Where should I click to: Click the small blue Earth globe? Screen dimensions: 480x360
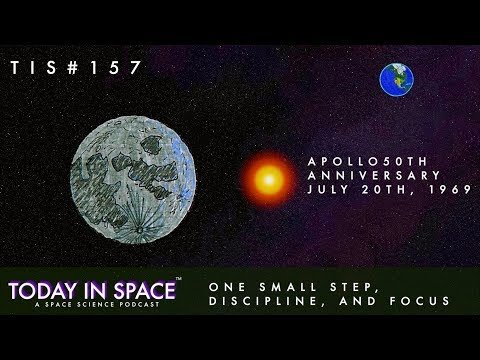[x=397, y=80]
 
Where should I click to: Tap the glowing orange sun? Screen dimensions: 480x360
[x=269, y=180]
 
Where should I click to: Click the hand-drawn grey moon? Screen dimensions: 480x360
[x=133, y=180]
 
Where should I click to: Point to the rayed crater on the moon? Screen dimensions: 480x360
[x=140, y=229]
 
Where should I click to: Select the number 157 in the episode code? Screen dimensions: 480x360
[x=115, y=68]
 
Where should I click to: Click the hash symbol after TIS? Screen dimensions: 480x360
[x=72, y=68]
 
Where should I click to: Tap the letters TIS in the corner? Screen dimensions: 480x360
[x=34, y=68]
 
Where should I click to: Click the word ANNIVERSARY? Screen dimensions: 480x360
[x=374, y=175]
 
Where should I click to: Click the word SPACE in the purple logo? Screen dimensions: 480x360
[x=145, y=291]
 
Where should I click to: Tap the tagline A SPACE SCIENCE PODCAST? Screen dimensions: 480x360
[x=97, y=304]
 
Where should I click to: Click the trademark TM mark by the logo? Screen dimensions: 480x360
[x=178, y=279]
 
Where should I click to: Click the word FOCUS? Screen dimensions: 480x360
[x=420, y=301]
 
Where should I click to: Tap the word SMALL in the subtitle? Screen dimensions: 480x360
[x=288, y=287]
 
